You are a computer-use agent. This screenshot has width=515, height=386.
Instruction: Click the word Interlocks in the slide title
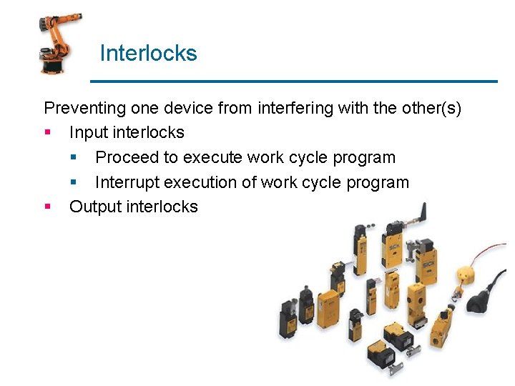pyautogui.click(x=148, y=54)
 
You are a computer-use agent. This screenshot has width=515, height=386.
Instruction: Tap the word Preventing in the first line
pyautogui.click(x=84, y=108)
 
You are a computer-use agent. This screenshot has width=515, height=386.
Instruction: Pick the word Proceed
pyautogui.click(x=126, y=157)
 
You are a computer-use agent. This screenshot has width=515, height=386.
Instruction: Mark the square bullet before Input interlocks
pyautogui.click(x=47, y=133)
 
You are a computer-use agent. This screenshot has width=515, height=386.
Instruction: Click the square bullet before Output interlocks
pyautogui.click(x=47, y=207)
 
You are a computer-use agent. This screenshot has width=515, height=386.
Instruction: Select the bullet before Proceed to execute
pyautogui.click(x=73, y=157)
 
